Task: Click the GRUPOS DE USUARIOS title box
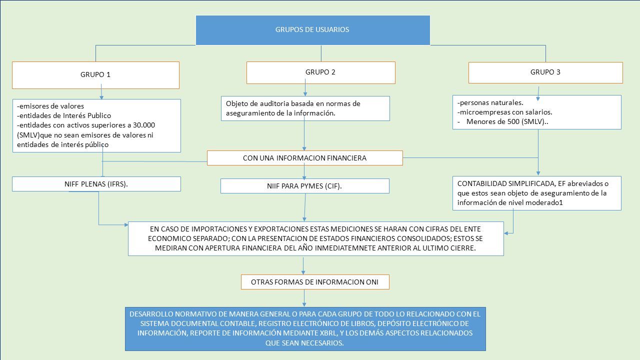pyautogui.click(x=313, y=30)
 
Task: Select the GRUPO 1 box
pyautogui.click(x=95, y=75)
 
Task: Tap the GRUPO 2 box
pyautogui.click(x=321, y=72)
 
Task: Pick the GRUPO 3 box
pyautogui.click(x=545, y=72)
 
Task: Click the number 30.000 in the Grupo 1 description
pyautogui.click(x=144, y=125)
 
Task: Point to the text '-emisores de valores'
pyautogui.click(x=50, y=106)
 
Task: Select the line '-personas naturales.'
pyautogui.click(x=490, y=102)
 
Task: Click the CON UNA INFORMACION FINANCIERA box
pyautogui.click(x=305, y=158)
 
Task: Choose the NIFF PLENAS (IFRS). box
pyautogui.click(x=96, y=184)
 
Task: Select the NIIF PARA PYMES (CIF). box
pyautogui.click(x=305, y=186)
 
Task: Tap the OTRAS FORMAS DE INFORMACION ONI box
pyautogui.click(x=315, y=282)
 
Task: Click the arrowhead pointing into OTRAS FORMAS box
pyautogui.click(x=303, y=272)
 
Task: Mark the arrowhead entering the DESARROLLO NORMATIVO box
pyautogui.click(x=304, y=304)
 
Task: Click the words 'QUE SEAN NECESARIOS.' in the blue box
pyautogui.click(x=304, y=343)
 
